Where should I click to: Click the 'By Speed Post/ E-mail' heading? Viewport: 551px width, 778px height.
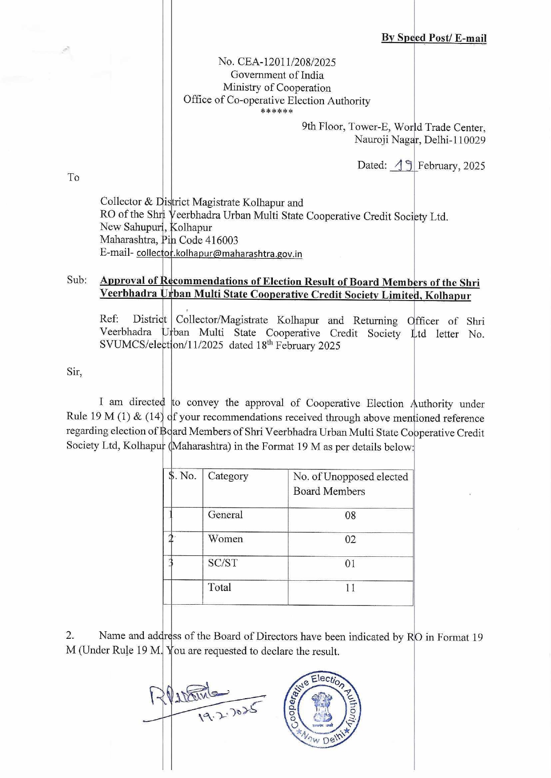(x=433, y=38)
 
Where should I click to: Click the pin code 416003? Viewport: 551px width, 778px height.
(x=221, y=240)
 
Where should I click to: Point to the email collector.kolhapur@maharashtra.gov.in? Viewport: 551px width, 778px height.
(x=219, y=254)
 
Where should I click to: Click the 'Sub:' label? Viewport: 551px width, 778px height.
(x=77, y=280)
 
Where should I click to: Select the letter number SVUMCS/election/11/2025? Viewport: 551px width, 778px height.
(x=161, y=345)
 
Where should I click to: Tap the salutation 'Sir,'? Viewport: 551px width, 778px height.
(x=75, y=371)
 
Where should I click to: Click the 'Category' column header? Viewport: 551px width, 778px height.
(x=228, y=476)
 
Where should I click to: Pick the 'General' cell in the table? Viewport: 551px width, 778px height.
(x=225, y=515)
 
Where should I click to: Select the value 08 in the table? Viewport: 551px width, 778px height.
(x=350, y=516)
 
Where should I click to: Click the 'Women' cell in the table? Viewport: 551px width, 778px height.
(x=225, y=539)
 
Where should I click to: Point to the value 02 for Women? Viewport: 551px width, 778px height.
(x=350, y=540)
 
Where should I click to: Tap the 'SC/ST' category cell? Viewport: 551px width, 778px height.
(x=223, y=563)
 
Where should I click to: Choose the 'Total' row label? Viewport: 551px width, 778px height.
(x=220, y=587)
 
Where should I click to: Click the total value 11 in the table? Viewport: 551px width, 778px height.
(x=350, y=588)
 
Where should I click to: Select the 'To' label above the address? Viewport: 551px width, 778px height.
(x=73, y=178)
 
